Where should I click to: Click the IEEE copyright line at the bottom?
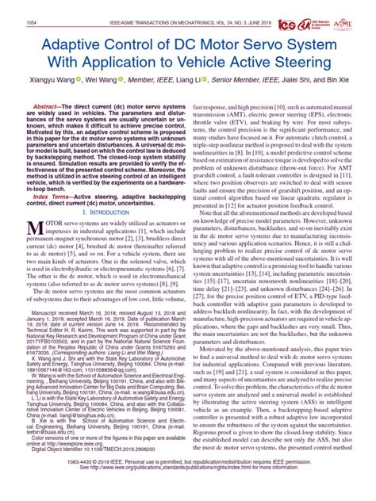click(187, 484)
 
